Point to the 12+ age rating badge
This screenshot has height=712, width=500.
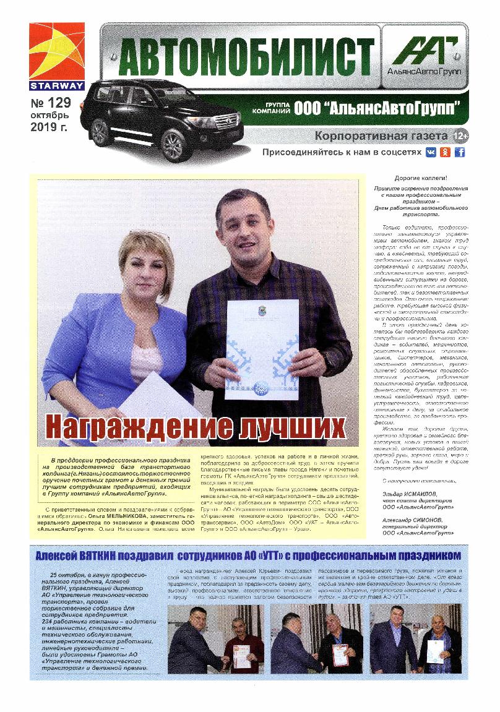460,135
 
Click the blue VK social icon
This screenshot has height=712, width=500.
431,152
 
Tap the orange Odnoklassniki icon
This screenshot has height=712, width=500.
444,152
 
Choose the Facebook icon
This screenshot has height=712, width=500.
459,152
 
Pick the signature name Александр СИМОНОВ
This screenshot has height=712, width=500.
416,521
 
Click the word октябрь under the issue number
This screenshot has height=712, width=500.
51,115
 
